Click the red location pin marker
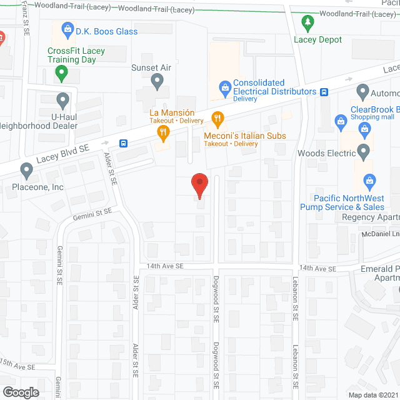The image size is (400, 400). (x=199, y=184)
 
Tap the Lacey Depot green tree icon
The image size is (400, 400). (x=307, y=24)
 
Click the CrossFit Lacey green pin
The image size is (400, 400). (x=61, y=74)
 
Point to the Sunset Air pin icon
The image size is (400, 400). (x=157, y=81)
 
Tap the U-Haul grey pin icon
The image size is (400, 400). (x=62, y=99)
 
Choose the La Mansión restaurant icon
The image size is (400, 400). (x=163, y=131)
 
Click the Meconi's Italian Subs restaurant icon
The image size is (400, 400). (x=217, y=117)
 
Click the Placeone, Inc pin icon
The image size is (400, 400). (x=26, y=169)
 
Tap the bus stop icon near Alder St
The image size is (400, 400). (x=124, y=143)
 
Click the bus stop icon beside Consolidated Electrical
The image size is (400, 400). (x=324, y=92)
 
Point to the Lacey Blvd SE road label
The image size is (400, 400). (x=62, y=154)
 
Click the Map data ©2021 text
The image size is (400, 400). (x=372, y=395)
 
